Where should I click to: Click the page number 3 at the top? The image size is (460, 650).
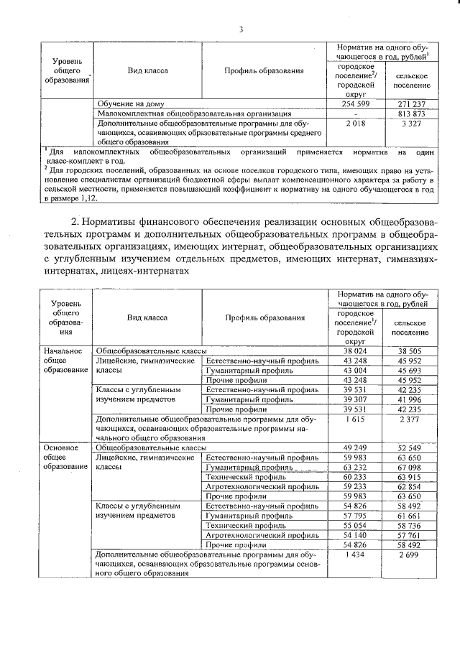coord(241,29)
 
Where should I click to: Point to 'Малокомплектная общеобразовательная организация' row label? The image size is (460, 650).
coord(194,113)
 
